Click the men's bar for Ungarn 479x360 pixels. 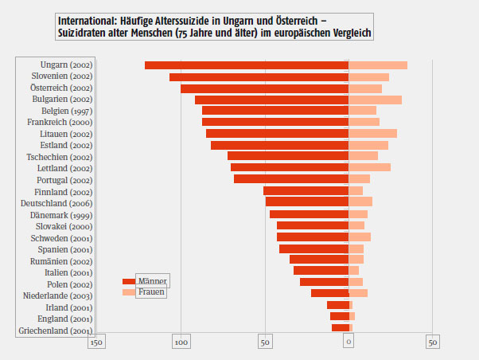247,65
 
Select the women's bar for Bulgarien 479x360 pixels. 375,100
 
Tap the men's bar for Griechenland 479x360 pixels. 341,328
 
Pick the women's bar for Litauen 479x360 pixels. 372,134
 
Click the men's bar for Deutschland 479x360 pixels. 307,202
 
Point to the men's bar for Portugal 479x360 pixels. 291,179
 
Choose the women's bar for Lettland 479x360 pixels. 369,168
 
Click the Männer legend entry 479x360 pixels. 152,281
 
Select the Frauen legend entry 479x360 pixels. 151,292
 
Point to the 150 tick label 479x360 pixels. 96,342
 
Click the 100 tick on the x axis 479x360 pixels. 181,342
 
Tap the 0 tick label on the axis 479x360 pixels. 349,342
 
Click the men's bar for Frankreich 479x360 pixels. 275,122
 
